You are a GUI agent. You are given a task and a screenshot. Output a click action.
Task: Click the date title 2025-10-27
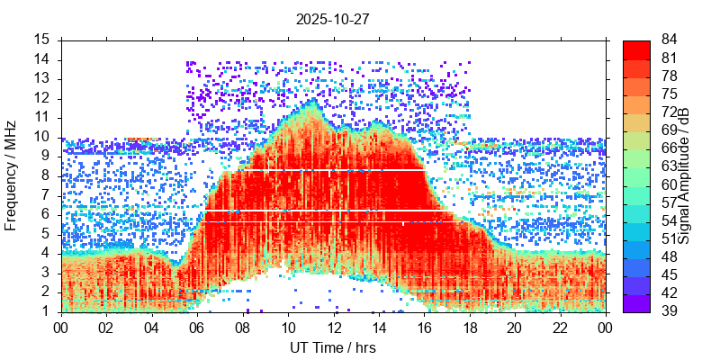[333, 18]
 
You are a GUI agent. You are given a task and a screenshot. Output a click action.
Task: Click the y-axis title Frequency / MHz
[12, 175]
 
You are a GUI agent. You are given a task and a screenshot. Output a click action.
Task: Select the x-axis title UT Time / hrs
[333, 347]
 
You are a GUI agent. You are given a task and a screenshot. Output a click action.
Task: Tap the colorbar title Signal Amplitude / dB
[685, 175]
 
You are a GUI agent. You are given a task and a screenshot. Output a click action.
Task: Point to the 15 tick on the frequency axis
[42, 40]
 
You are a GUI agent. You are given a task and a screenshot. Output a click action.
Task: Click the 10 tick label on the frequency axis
[42, 137]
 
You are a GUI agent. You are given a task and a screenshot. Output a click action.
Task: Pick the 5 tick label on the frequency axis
[46, 234]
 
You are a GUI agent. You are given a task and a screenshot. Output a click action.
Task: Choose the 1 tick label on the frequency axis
[46, 311]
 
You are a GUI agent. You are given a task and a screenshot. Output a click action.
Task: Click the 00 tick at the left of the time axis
[62, 328]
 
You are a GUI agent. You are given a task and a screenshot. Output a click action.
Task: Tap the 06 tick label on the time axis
[197, 328]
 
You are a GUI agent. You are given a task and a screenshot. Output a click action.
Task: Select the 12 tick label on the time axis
[333, 328]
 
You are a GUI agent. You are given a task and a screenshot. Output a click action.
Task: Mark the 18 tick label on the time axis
[469, 328]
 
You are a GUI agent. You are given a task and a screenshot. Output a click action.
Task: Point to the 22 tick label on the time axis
[559, 328]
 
